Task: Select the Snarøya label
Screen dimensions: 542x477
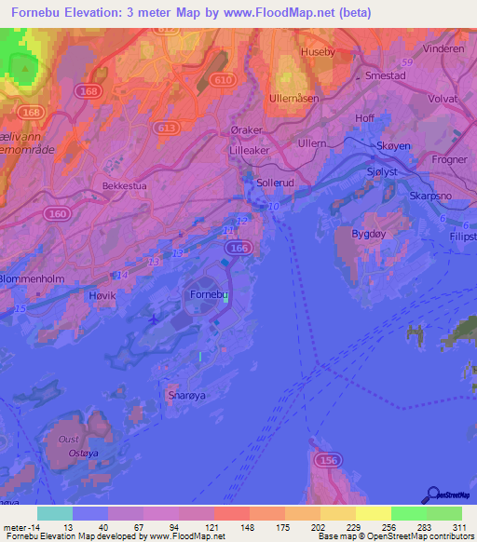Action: [184, 394]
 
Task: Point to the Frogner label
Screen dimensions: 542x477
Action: [451, 159]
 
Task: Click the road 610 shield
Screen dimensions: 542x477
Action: [224, 81]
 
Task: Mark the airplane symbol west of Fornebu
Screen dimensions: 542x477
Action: [152, 320]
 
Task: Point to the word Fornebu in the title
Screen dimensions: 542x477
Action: [36, 12]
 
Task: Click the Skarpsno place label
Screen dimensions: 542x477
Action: [430, 196]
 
